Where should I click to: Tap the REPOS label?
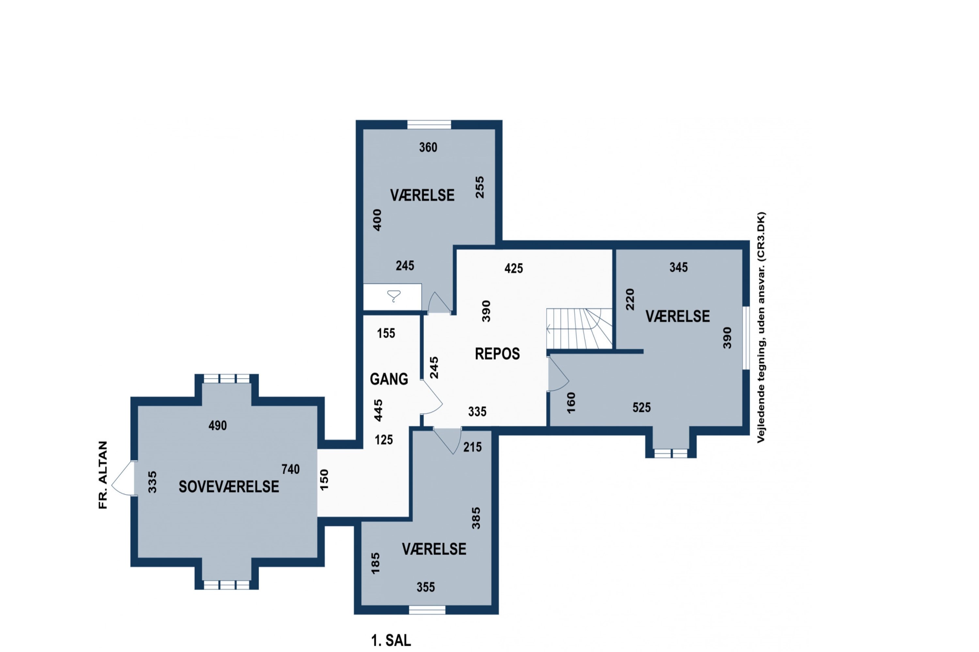click(x=497, y=354)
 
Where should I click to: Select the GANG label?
click(x=389, y=379)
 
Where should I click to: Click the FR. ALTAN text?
click(x=103, y=475)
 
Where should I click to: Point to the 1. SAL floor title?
click(x=391, y=640)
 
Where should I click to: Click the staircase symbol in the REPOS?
click(x=579, y=329)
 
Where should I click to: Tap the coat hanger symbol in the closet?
click(x=394, y=296)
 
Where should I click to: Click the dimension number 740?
click(x=290, y=469)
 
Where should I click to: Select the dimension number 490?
click(x=218, y=425)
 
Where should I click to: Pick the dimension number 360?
click(x=428, y=147)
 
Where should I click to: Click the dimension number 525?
click(x=642, y=407)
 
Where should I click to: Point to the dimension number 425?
click(x=514, y=268)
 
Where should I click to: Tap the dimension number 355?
click(x=426, y=587)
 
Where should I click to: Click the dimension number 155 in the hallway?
click(x=386, y=333)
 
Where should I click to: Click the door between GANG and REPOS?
click(x=431, y=397)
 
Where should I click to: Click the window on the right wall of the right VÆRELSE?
click(x=746, y=338)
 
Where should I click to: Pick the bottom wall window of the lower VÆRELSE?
click(x=427, y=610)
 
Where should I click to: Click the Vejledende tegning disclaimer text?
click(x=761, y=328)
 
